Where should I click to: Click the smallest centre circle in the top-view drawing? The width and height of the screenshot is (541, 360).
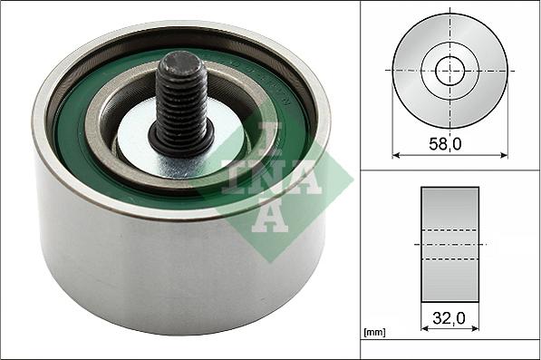coord(450,70)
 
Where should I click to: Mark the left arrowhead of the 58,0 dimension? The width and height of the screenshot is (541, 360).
coord(396,154)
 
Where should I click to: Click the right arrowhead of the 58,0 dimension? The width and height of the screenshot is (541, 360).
coord(505,154)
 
